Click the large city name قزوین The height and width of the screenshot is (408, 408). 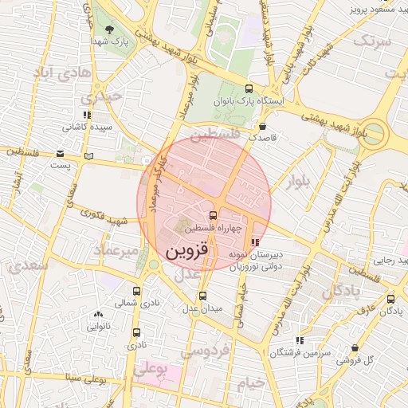(187, 252)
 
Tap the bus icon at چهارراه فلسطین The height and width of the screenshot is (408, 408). (213, 215)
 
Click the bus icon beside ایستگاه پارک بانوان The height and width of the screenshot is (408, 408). (249, 89)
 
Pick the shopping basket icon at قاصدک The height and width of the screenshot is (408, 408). (262, 126)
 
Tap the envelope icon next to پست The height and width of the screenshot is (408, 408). (61, 154)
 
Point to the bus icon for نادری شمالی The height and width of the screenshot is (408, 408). (136, 292)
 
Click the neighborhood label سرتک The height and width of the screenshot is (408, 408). (373, 41)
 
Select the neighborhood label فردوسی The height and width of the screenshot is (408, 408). (205, 351)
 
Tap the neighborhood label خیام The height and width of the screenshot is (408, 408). (249, 383)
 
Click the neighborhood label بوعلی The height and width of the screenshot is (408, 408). (151, 370)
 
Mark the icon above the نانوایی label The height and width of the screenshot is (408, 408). (97, 315)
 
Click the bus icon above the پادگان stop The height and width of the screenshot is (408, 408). (390, 299)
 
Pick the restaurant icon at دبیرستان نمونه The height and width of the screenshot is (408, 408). (255, 242)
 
